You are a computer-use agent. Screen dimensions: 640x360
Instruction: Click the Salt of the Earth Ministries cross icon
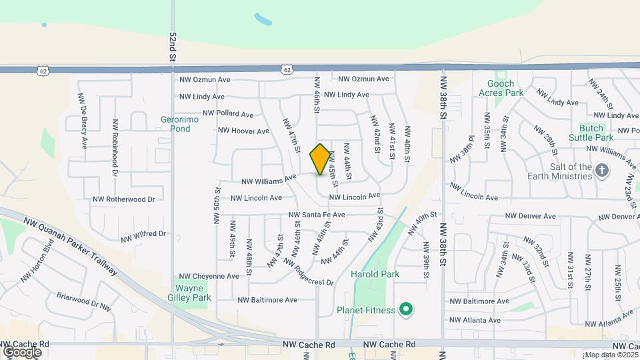(x=602, y=170)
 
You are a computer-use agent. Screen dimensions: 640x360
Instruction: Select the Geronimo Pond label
(x=175, y=124)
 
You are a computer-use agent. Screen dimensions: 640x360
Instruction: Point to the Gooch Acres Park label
(x=496, y=89)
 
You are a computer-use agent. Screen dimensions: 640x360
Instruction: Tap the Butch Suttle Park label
(x=591, y=132)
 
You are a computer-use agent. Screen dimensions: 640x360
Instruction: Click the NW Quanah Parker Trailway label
(x=71, y=245)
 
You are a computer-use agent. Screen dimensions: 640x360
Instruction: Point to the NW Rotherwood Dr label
(x=124, y=199)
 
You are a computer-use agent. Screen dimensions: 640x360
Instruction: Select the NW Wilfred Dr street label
(x=143, y=235)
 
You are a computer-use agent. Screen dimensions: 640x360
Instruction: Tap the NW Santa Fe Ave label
(x=317, y=215)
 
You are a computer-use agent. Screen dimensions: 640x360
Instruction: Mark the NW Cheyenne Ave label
(x=209, y=276)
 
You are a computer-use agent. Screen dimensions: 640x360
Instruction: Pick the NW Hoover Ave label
(x=243, y=131)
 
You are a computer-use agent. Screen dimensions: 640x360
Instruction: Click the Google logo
(x=22, y=351)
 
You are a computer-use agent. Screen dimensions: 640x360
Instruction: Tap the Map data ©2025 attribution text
(x=610, y=355)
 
